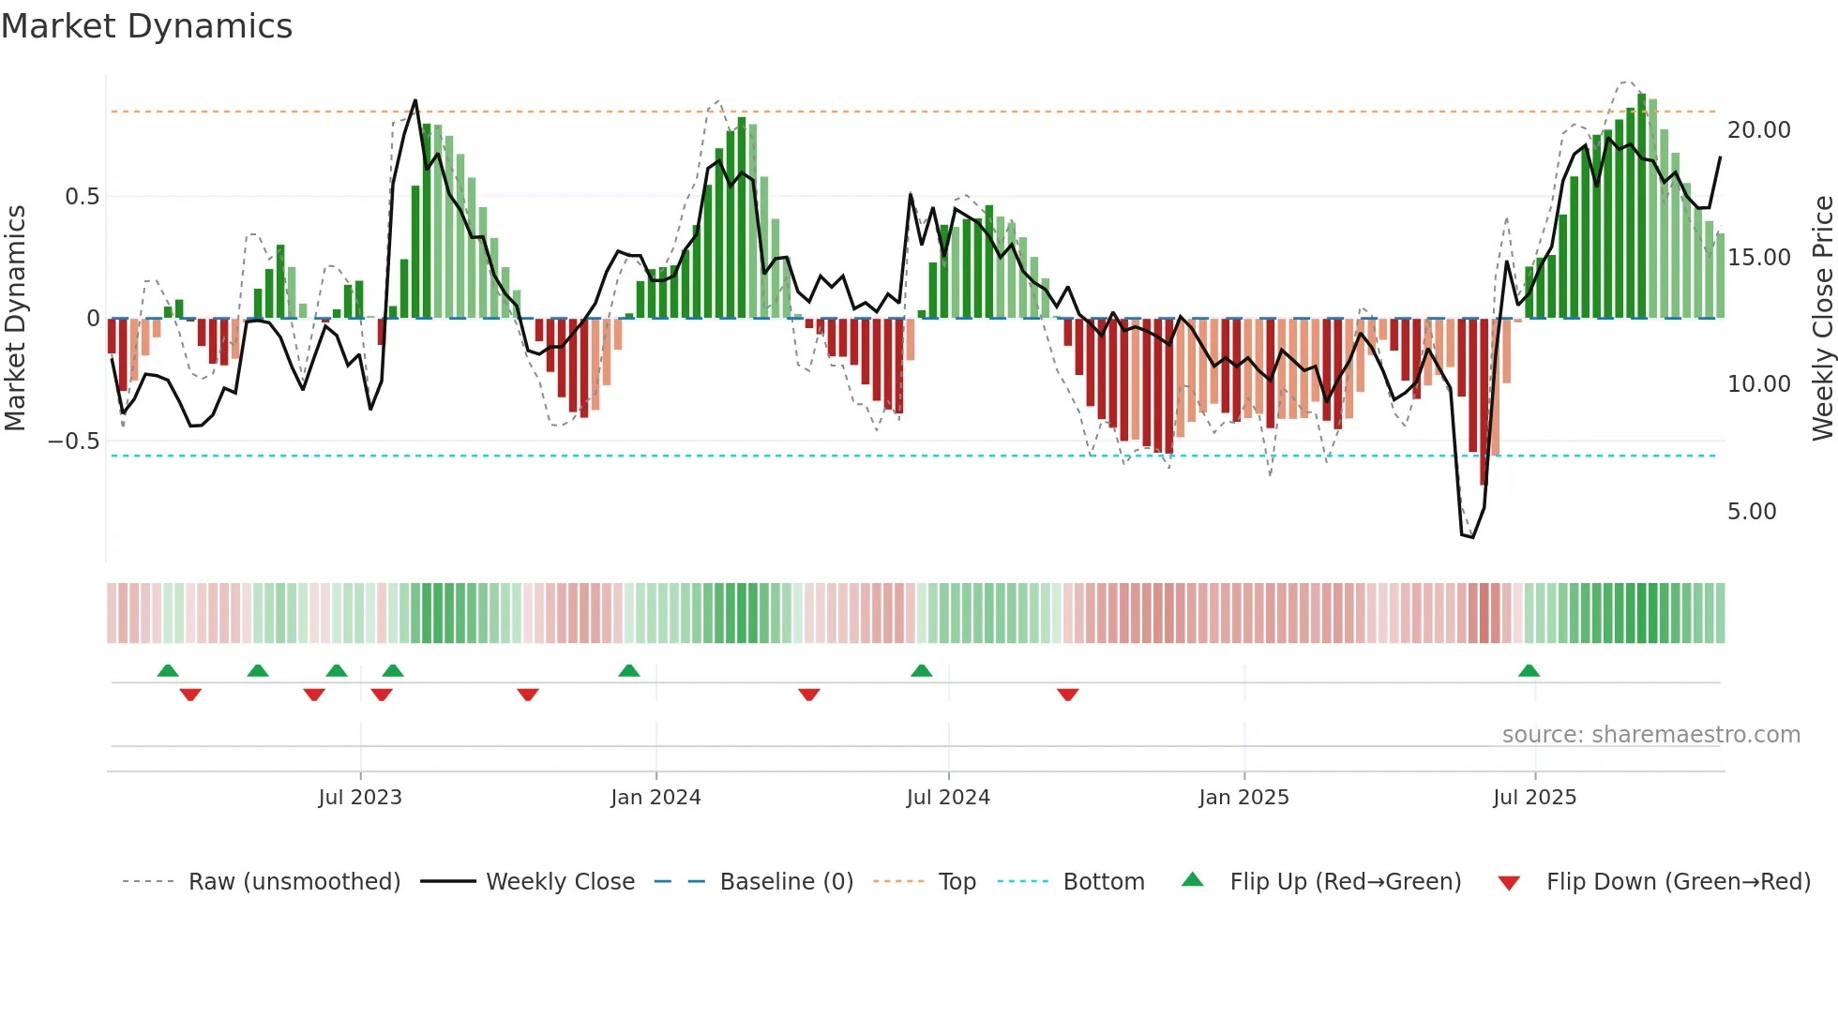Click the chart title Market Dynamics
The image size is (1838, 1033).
[147, 26]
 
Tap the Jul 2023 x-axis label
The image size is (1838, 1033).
[360, 798]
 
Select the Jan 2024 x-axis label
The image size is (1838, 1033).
[655, 798]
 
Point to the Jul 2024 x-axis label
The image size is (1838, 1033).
[948, 798]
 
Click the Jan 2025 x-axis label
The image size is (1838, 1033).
[1243, 798]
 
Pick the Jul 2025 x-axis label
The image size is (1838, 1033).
[1535, 798]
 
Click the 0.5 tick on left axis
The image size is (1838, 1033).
[82, 197]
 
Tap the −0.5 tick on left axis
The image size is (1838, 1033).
[74, 442]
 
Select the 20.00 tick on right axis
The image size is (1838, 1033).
[1759, 130]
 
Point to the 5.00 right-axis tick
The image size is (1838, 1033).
[1752, 512]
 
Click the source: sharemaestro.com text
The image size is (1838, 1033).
[1650, 735]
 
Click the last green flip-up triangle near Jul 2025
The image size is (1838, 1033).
[1529, 670]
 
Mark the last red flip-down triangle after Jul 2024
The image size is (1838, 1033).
[1067, 695]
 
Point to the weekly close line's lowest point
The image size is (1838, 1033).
[1472, 537]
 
